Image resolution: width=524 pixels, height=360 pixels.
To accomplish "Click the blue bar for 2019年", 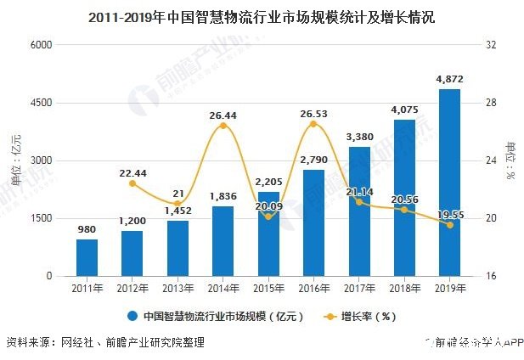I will click(x=449, y=183).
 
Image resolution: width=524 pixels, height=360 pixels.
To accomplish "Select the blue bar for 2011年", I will click(x=86, y=258).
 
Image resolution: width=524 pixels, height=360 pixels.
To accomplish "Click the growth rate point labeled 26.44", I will click(x=223, y=126).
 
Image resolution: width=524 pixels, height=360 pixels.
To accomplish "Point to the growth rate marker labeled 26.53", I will click(x=313, y=124).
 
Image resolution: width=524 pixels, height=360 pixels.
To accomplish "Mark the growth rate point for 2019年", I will click(x=449, y=225).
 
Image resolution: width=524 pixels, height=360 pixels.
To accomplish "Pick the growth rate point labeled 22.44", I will click(x=132, y=183).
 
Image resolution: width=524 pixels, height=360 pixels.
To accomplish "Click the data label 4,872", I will click(x=449, y=80).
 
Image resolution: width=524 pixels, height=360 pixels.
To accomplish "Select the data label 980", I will click(x=86, y=230).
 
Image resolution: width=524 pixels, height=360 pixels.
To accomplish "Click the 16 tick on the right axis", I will click(x=490, y=277).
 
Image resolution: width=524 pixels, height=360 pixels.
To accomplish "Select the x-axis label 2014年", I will click(x=223, y=289).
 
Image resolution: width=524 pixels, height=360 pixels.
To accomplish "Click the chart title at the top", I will click(x=262, y=15).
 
